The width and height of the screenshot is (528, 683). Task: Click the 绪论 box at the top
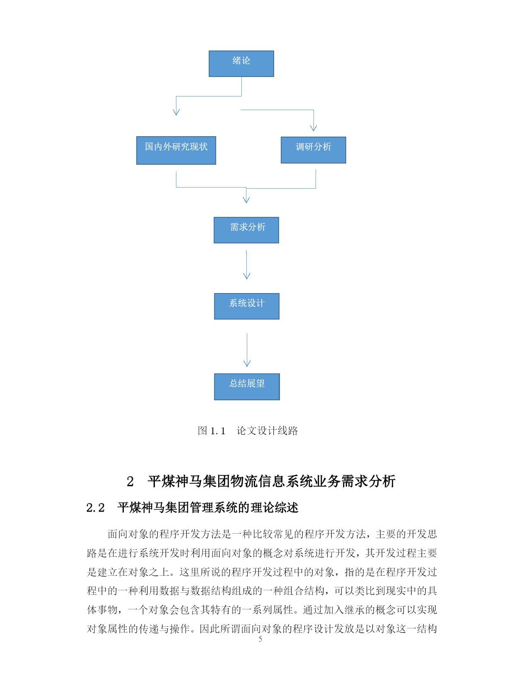pos(241,64)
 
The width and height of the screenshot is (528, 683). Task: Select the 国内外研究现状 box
pos(176,150)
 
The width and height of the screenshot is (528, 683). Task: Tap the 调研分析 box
pos(313,150)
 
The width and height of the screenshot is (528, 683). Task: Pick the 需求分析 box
pos(246,230)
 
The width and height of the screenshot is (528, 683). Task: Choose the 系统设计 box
pos(246,306)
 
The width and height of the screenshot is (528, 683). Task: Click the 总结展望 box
pos(247,387)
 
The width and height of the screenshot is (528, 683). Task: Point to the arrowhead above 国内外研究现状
pos(176,113)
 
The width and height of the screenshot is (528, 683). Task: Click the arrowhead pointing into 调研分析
pos(313,127)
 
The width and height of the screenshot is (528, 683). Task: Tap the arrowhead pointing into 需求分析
pos(246,200)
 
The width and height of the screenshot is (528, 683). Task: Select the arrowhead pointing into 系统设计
pos(246,276)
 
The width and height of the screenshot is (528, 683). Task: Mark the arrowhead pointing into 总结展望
pos(247,364)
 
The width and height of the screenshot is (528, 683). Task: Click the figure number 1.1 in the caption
pos(217,431)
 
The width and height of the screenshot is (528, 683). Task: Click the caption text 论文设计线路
pos(267,430)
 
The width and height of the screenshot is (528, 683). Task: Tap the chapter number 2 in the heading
pos(130,481)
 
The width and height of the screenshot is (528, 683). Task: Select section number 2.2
pos(95,507)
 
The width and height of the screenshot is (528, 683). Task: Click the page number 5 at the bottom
pos(260,639)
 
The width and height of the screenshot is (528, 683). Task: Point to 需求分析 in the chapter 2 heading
pos(368,481)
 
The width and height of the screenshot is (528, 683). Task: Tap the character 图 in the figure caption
pos(203,430)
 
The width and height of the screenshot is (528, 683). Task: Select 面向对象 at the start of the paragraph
pos(128,534)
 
